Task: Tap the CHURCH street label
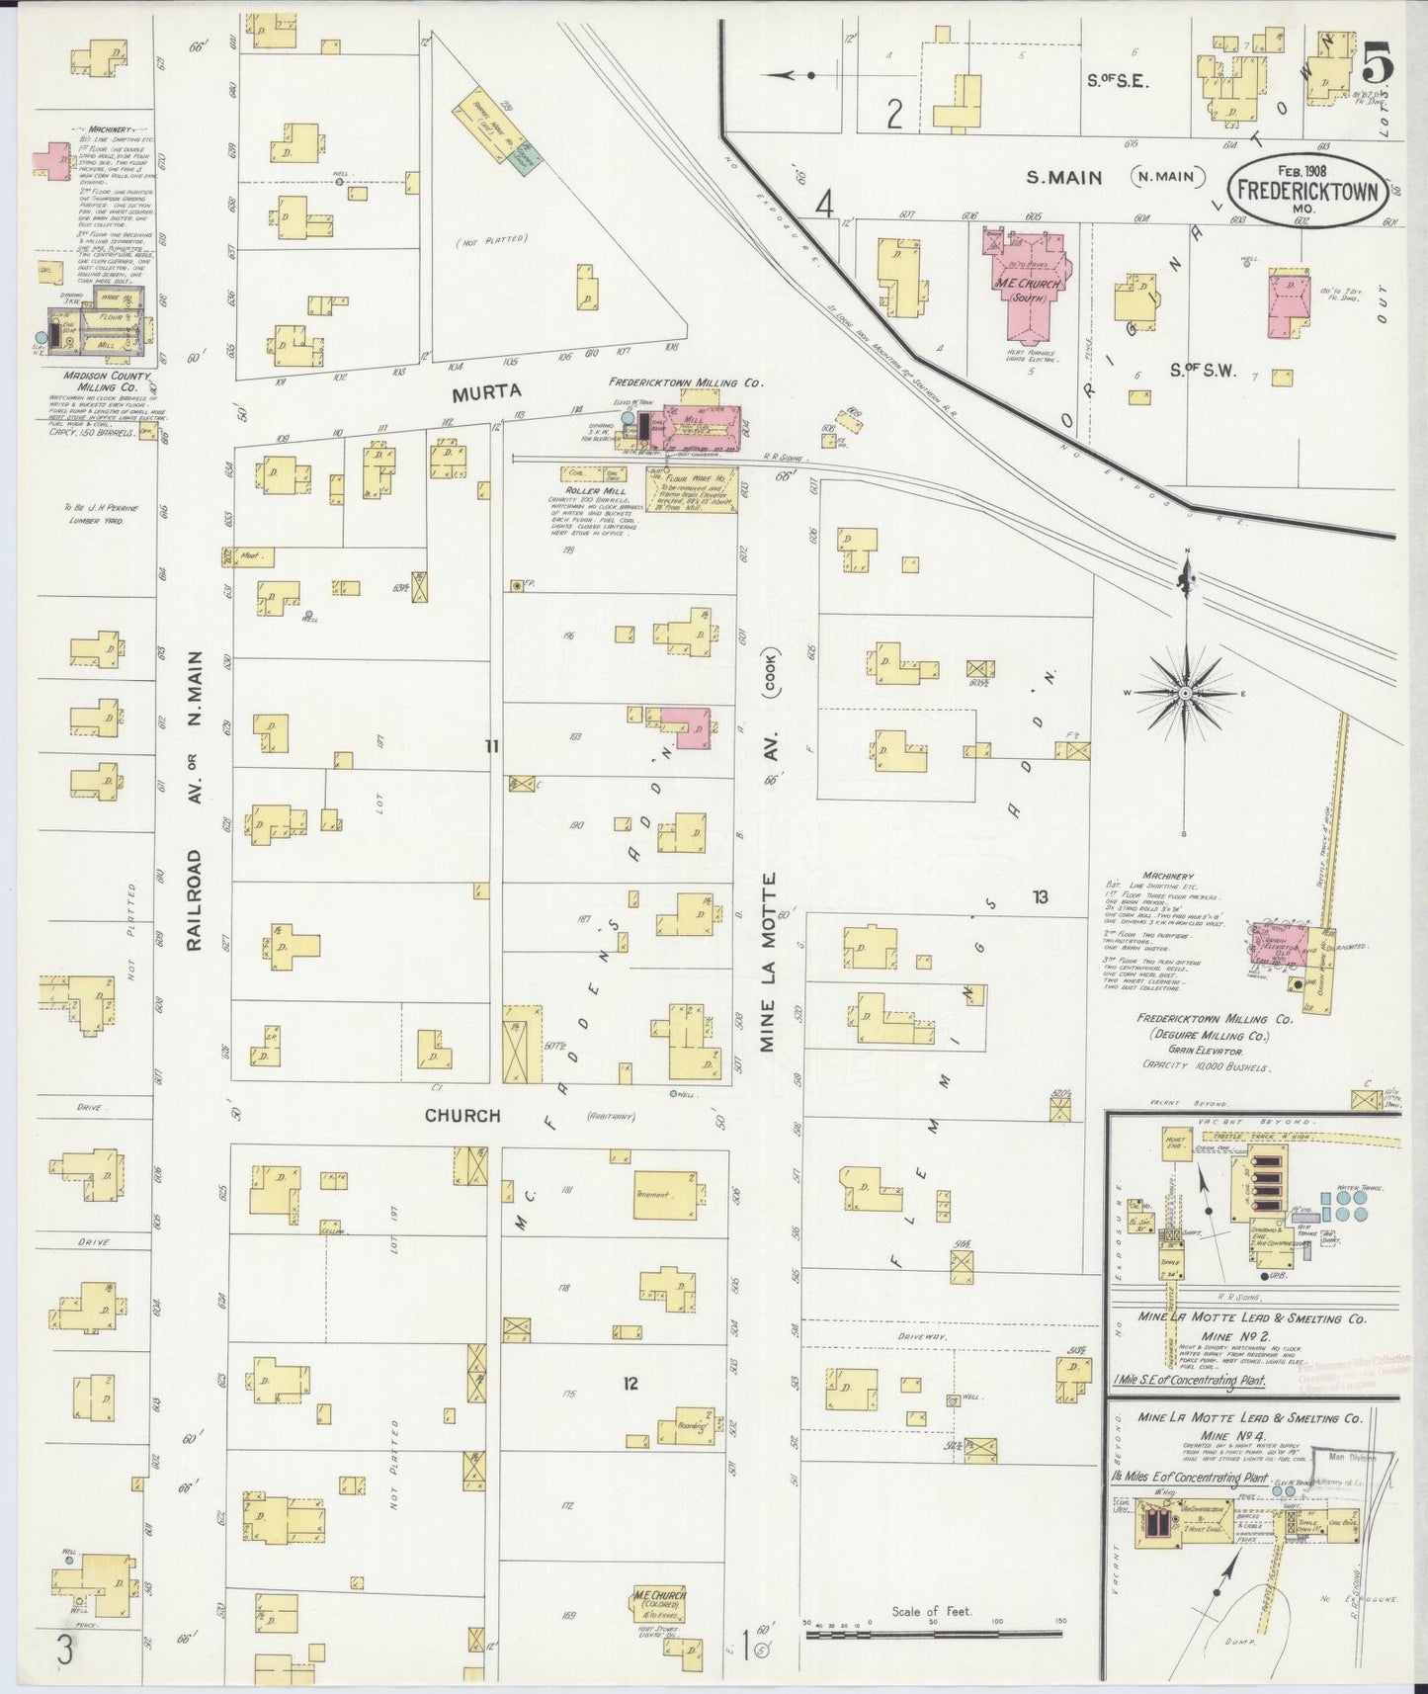[462, 1115]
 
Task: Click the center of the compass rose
[1183, 695]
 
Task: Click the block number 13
[1040, 897]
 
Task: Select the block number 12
[630, 1384]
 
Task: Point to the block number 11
[491, 746]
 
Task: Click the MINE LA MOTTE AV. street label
[770, 850]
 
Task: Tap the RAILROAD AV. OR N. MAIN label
[194, 801]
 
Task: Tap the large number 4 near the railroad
[825, 205]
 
